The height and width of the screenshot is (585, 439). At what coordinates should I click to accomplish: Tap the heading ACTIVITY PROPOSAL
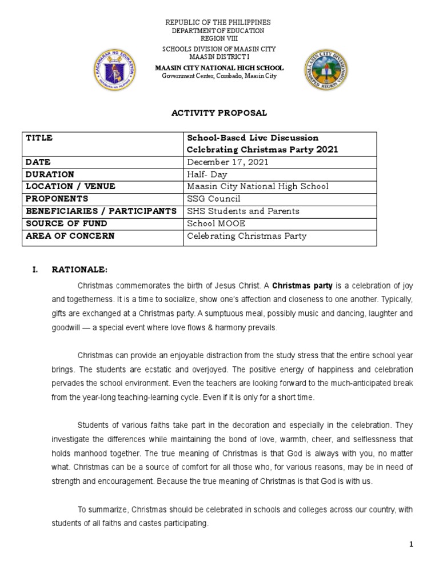219,113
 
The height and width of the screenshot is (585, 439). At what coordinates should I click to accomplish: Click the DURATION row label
50,174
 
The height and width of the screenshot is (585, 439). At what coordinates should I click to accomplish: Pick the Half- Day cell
207,174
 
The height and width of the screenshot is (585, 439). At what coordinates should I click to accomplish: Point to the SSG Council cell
214,199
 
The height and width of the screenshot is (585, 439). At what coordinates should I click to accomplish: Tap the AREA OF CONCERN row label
70,235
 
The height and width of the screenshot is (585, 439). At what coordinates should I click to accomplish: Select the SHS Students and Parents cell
244,211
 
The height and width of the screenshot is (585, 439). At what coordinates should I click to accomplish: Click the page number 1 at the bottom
410,545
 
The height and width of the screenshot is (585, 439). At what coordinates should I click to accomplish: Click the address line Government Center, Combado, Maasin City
219,76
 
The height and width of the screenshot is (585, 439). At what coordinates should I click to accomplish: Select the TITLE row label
39,138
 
